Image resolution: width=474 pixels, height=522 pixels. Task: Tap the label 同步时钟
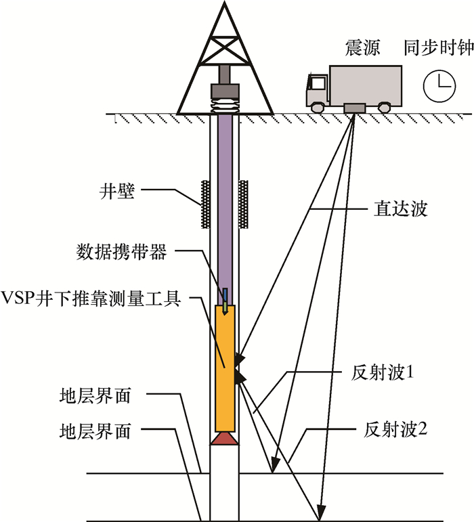pos(438,49)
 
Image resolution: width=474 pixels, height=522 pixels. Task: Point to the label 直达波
pos(400,209)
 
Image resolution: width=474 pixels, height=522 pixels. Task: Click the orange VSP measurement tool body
pos(224,366)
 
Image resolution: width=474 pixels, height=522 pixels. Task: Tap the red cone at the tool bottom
pos(224,439)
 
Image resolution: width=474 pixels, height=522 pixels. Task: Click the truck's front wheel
pos(316,107)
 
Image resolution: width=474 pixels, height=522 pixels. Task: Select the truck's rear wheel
pos(383,107)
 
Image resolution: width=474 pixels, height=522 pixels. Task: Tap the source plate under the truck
pos(354,108)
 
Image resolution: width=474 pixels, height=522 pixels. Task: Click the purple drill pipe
pos(224,203)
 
